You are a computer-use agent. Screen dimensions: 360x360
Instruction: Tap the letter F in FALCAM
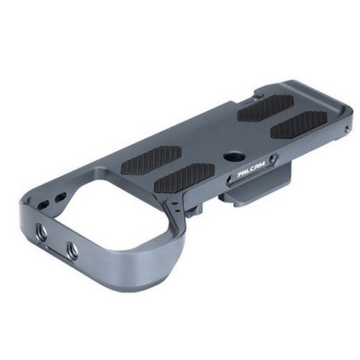[240, 176]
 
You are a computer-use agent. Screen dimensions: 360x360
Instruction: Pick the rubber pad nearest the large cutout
[150, 160]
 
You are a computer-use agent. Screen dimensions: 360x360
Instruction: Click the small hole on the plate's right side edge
[347, 130]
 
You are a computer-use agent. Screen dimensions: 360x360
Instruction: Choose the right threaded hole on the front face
[72, 251]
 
